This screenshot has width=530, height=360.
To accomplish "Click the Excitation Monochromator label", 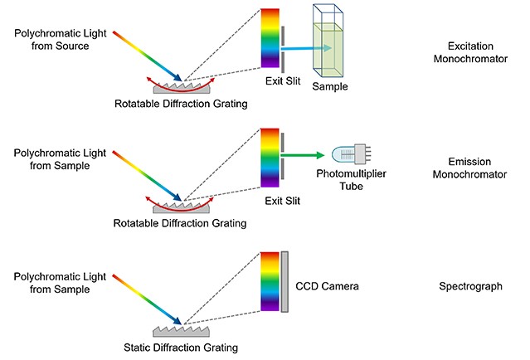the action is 470,52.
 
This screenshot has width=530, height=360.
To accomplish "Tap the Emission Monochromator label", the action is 469,168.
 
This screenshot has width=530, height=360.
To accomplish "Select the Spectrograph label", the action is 470,286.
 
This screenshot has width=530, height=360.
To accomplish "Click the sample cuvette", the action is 328,41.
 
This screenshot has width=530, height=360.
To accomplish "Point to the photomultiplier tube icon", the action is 352,155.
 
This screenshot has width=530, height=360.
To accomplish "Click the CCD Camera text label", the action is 327,286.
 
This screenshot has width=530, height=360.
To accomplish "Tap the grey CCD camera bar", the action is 284,281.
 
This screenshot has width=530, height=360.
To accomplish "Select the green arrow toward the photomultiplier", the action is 303,155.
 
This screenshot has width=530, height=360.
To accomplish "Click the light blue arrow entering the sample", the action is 306,48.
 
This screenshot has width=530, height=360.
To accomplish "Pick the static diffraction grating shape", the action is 181,331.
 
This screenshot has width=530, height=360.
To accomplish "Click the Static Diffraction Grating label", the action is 181,348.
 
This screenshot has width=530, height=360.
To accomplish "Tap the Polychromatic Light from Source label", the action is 61,40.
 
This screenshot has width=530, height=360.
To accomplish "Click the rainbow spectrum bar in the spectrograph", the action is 270,281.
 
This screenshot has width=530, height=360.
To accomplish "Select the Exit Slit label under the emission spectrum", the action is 283,201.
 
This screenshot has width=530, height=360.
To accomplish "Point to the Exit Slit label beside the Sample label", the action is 283,80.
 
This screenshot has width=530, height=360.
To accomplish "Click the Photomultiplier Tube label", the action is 351,180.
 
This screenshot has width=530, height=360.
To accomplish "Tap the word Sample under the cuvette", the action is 330,86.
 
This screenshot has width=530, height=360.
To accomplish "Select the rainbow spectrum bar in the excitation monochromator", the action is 270,38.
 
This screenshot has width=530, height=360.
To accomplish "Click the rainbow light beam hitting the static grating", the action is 147,299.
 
